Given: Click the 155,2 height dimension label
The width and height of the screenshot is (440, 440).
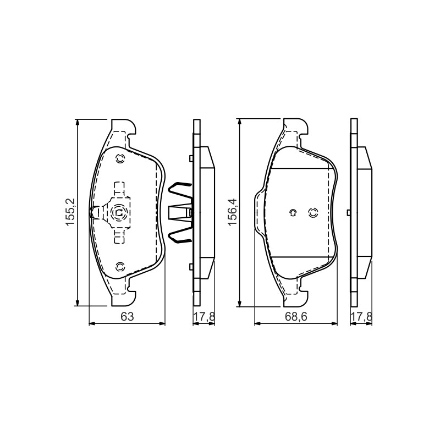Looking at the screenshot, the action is (70, 212).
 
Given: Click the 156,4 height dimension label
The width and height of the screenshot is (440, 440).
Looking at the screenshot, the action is (233, 212).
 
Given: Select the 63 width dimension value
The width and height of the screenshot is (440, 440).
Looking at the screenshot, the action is (128, 317).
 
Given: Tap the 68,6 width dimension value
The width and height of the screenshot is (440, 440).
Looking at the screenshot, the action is (296, 317).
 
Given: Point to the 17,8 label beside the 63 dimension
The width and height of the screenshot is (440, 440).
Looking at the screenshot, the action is (204, 317).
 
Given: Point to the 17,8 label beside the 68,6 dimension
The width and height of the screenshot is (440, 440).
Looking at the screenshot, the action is (361, 317).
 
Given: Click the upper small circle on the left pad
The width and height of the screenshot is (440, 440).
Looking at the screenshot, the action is (120, 159).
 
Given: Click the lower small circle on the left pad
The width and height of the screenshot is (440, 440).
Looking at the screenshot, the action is (120, 267).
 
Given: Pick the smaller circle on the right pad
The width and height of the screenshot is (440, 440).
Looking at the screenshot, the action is (293, 213).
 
